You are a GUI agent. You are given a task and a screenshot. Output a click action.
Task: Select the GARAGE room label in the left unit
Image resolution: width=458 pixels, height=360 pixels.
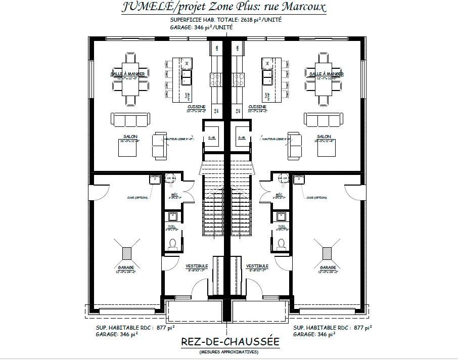(x=126, y=267)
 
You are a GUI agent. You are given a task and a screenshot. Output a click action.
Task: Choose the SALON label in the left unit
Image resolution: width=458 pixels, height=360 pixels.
(x=130, y=137)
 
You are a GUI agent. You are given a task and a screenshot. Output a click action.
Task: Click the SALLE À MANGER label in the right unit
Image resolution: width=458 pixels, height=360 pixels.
(x=326, y=74)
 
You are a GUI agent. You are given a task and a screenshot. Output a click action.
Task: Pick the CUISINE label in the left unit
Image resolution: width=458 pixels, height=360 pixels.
(x=196, y=107)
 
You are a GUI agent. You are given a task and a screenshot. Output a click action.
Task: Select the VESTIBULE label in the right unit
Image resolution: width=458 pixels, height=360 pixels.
(x=257, y=266)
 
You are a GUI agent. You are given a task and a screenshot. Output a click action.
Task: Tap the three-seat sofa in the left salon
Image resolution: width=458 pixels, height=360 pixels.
(x=130, y=120)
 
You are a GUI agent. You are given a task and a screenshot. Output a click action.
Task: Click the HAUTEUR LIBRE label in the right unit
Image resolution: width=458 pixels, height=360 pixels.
(x=275, y=138)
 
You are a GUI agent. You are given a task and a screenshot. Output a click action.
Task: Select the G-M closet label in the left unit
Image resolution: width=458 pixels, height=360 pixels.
(x=211, y=138)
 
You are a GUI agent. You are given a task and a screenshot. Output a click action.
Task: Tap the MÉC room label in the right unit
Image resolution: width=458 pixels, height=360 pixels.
(x=279, y=195)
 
